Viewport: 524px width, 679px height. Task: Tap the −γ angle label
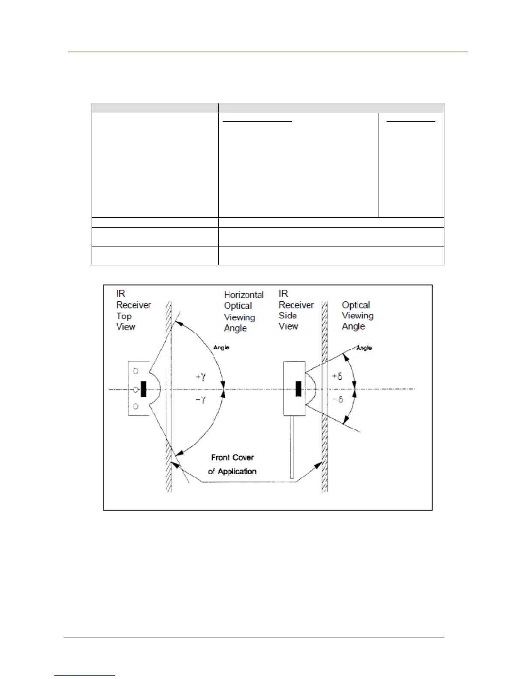(201, 400)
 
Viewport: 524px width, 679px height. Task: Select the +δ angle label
(337, 377)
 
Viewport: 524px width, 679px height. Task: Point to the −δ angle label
(337, 400)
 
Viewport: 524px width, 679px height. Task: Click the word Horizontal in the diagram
(244, 295)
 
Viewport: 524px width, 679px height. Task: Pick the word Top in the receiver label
(124, 316)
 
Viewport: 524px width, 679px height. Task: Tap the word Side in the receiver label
(288, 315)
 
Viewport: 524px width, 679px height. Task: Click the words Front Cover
(232, 458)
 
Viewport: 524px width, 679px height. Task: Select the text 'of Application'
(232, 472)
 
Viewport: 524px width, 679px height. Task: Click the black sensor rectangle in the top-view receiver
(143, 389)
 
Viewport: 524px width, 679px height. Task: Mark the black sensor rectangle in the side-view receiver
(298, 389)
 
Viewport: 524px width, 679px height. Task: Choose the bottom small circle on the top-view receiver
(136, 406)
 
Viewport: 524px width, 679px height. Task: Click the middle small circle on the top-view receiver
(135, 389)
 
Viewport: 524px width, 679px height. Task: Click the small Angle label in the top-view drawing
(221, 347)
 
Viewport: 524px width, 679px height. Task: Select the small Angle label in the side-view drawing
(364, 348)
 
